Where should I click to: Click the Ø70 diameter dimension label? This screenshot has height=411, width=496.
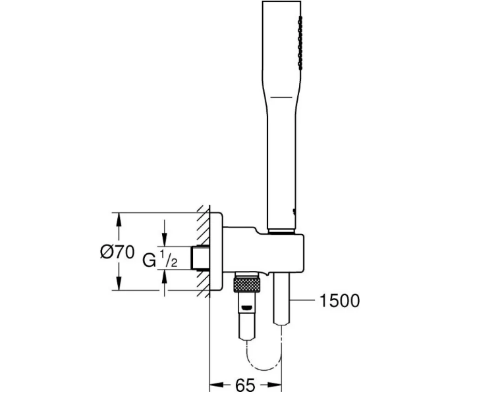point(117,252)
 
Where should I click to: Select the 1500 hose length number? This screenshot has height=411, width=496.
point(340,301)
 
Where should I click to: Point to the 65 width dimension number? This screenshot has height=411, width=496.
point(245,385)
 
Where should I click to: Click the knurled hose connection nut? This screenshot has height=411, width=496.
point(247,284)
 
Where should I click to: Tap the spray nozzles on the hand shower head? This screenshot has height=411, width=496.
point(300,43)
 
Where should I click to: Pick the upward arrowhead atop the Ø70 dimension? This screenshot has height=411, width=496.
point(119,220)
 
